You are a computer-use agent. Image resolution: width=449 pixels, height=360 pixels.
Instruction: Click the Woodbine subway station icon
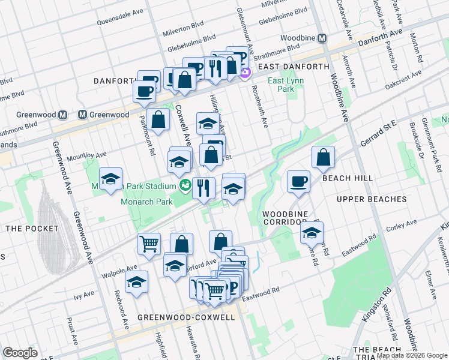pyautogui.click(x=322, y=38)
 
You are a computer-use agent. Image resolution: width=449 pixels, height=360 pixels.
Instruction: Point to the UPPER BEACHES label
pyautogui.click(x=372, y=199)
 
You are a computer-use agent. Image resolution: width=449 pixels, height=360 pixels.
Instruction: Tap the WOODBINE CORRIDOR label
pyautogui.click(x=285, y=218)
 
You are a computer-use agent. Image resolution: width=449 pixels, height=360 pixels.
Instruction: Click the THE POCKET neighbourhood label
pyautogui.click(x=32, y=229)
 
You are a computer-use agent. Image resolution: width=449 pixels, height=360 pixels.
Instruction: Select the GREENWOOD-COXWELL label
pyautogui.click(x=185, y=317)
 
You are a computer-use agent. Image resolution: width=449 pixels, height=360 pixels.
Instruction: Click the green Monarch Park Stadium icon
pyautogui.click(x=185, y=185)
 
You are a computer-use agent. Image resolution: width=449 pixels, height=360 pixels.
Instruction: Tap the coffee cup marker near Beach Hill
pyautogui.click(x=298, y=182)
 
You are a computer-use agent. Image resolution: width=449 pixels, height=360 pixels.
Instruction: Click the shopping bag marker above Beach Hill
pyautogui.click(x=323, y=158)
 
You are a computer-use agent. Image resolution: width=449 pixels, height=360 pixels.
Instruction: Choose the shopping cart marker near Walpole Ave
pyautogui.click(x=149, y=244)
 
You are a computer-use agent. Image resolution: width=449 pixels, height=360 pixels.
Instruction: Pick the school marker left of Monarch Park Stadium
pyautogui.click(x=110, y=179)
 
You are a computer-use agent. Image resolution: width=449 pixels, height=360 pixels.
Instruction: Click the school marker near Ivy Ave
pyautogui.click(x=136, y=281)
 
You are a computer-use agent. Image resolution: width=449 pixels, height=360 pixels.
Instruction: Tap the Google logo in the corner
pyautogui.click(x=20, y=353)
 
